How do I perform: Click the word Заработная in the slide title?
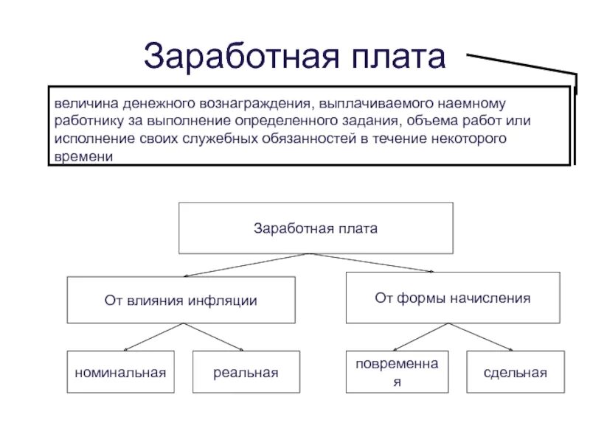click(x=228, y=57)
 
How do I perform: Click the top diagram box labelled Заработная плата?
click(x=315, y=228)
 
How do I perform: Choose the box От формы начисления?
click(x=452, y=298)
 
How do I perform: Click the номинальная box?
click(x=120, y=372)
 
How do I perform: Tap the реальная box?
click(x=246, y=372)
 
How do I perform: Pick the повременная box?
click(x=397, y=372)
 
